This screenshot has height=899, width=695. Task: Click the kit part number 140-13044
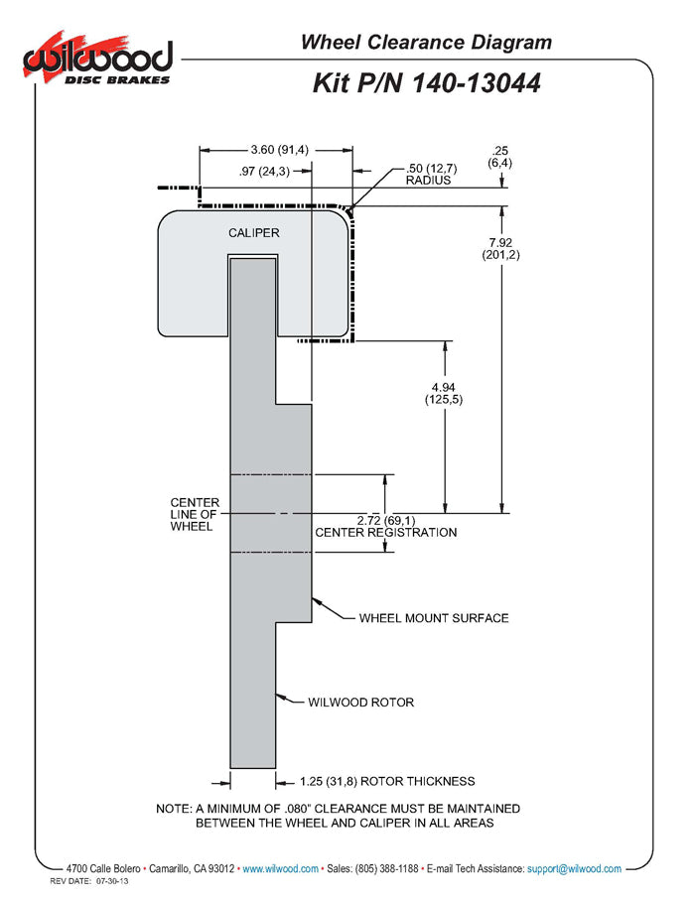427,83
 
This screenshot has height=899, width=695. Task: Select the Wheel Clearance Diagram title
426,42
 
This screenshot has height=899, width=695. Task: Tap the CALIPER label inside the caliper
254,233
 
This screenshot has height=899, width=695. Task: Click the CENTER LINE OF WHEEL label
195,514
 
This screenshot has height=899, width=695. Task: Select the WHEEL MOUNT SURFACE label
434,618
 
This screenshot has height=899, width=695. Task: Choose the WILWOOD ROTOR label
360,702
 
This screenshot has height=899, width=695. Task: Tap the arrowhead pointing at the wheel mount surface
316,599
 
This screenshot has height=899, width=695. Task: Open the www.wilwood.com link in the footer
281,869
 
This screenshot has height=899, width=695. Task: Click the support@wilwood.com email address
575,869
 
